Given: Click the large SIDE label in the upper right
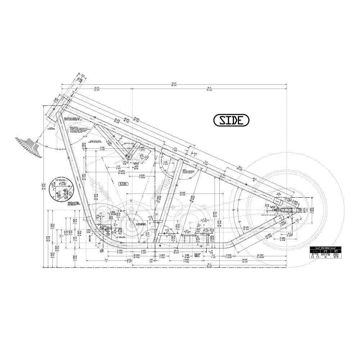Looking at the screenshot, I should click(231, 120).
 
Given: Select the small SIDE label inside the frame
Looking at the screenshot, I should click(123, 184).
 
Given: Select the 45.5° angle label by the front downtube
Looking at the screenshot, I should click(85, 137).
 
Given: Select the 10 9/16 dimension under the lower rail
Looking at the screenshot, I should click(138, 257).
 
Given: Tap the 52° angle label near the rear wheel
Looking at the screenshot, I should click(234, 209).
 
